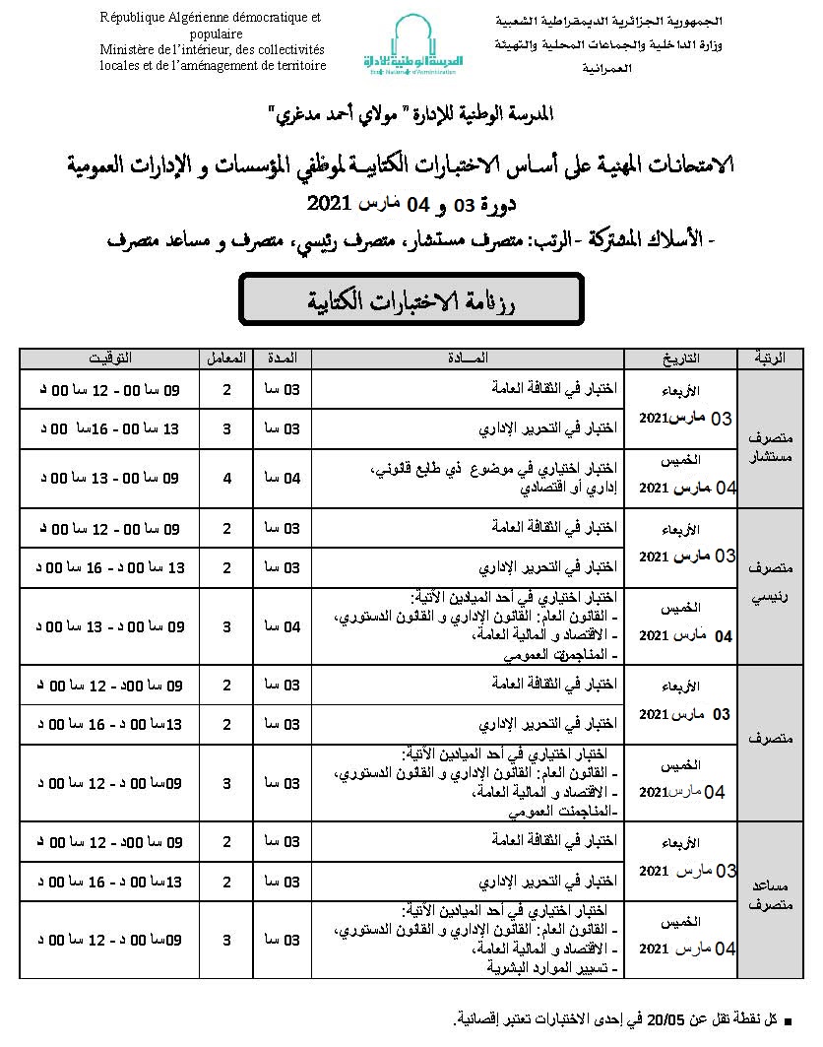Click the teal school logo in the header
point(411,43)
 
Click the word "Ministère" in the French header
point(128,49)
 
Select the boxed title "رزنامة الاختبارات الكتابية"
point(412,300)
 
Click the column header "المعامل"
point(227,357)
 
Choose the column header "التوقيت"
point(108,357)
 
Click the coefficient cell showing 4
point(227,478)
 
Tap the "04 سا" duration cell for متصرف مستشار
point(284,478)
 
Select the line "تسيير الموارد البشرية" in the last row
point(551,967)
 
